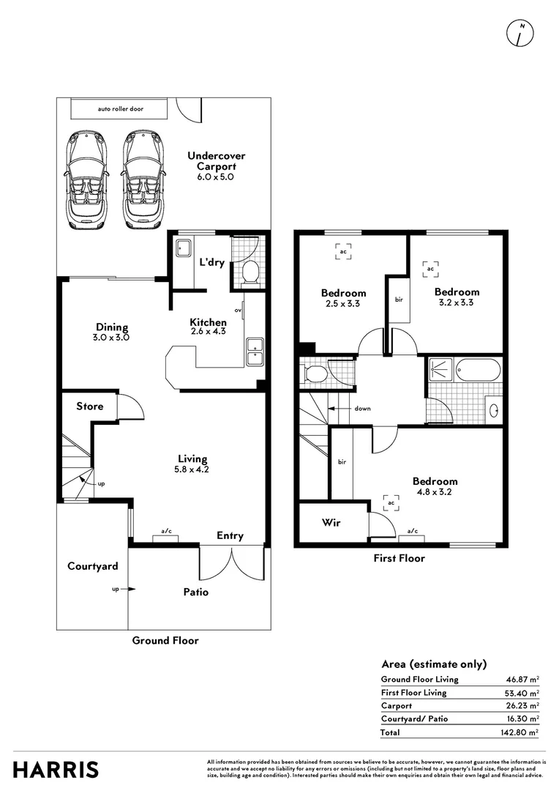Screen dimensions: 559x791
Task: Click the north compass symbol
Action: [519, 34]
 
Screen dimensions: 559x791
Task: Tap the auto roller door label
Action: [121, 108]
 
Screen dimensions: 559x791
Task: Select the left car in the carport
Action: [86, 179]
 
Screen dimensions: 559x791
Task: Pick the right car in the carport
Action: [143, 179]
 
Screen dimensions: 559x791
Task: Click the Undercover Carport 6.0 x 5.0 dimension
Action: [216, 177]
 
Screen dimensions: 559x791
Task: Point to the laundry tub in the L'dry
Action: [182, 248]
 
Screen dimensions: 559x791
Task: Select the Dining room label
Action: [112, 327]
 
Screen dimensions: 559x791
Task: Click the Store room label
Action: [90, 406]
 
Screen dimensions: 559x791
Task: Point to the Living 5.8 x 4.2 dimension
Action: [192, 469]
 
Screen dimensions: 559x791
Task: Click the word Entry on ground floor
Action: [230, 535]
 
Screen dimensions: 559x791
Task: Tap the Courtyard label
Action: [93, 566]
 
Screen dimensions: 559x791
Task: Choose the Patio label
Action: [196, 593]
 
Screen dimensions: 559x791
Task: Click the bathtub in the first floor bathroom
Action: [478, 371]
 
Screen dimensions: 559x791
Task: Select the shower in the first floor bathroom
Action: [440, 369]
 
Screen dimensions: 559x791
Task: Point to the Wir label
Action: [331, 523]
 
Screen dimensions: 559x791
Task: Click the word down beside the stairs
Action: [362, 409]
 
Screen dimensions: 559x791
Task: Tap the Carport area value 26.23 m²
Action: [522, 705]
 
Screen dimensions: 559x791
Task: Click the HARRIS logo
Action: [56, 770]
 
